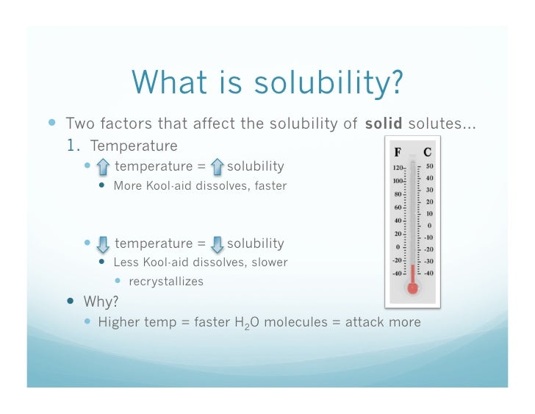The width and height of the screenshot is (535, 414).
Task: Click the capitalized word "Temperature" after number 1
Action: [134, 145]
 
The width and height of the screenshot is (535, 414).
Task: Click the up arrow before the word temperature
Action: [103, 167]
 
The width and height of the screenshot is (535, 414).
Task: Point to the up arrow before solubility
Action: [217, 167]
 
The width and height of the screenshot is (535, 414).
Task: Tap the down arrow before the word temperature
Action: [103, 243]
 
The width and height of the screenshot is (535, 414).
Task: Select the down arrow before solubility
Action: [217, 243]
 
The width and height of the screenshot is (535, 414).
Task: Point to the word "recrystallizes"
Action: [165, 282]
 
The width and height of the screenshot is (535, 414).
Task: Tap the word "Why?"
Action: [101, 301]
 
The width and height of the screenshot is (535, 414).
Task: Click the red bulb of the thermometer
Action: [412, 288]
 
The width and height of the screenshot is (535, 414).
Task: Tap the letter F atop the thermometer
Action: [398, 154]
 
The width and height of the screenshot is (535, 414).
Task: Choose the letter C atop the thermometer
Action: [427, 154]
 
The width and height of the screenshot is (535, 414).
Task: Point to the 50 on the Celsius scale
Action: [429, 167]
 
